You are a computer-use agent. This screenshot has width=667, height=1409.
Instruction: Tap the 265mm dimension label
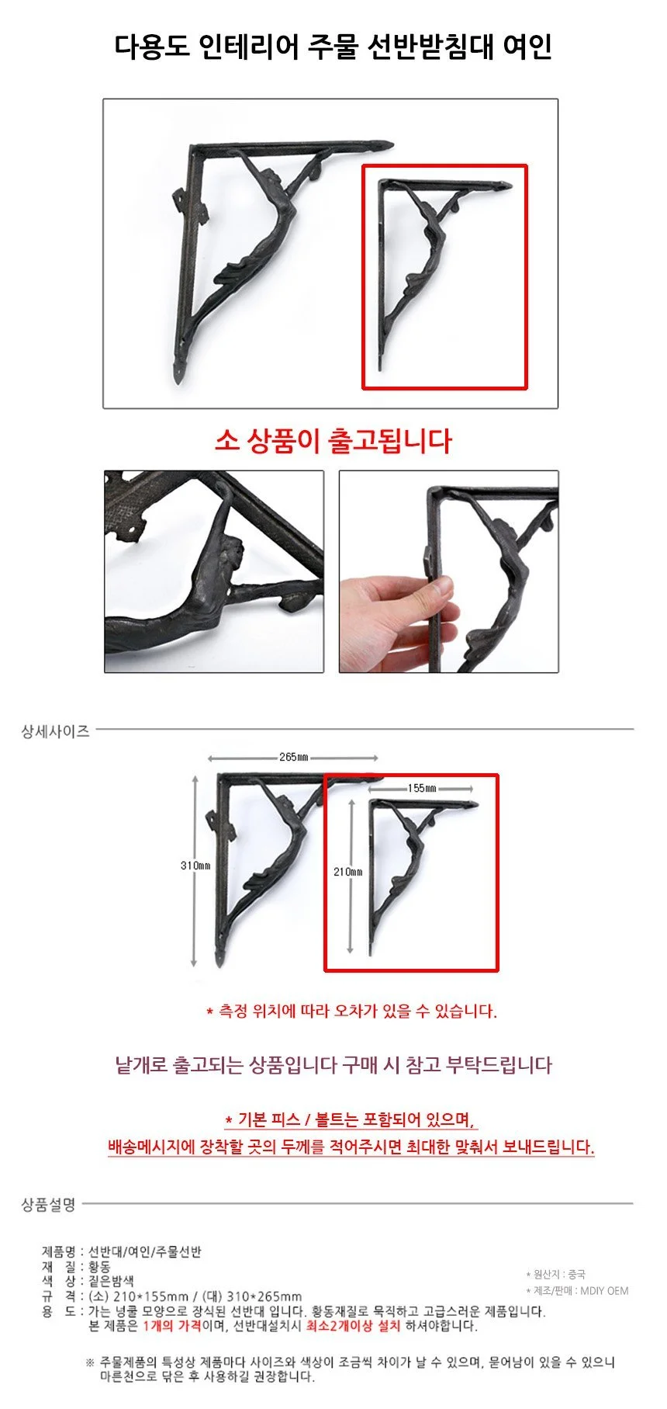[x=294, y=757]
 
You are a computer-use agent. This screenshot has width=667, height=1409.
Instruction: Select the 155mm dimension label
[x=422, y=788]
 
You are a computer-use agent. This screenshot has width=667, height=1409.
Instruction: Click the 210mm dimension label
[x=347, y=872]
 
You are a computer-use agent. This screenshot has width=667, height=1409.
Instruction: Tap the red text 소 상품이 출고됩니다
[x=333, y=441]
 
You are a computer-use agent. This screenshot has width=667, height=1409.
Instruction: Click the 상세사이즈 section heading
[x=55, y=731]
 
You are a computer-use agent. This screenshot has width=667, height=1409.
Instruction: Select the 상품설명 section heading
[x=48, y=1204]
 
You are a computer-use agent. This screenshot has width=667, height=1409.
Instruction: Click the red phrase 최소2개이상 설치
[x=354, y=1325]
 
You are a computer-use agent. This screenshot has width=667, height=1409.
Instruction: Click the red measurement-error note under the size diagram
[x=351, y=1011]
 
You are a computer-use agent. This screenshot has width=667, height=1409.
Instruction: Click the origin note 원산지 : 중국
[x=556, y=1274]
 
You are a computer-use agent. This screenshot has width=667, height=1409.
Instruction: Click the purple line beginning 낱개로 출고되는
[x=333, y=1064]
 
